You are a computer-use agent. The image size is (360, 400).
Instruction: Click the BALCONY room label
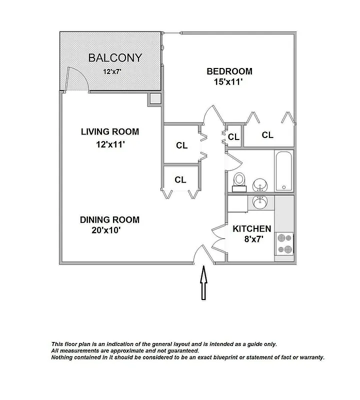click(115, 58)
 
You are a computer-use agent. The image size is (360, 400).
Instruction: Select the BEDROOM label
click(229, 71)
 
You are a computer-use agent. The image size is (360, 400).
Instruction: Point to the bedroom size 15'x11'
click(224, 82)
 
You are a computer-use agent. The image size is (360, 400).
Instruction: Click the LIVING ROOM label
click(109, 132)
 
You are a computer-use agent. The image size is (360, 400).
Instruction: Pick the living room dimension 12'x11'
click(109, 145)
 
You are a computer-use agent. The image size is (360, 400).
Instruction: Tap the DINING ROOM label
click(109, 219)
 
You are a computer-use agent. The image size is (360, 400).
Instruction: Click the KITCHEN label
click(252, 229)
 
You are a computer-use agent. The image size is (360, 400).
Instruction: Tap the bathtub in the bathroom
click(284, 170)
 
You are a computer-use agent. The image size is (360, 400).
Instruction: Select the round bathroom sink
click(259, 185)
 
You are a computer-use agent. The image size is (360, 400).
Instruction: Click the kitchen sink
click(259, 202)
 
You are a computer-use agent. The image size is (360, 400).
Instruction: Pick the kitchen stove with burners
click(284, 245)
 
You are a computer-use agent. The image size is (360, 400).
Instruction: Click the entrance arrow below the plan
click(204, 283)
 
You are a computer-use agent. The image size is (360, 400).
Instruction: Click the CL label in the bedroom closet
click(267, 135)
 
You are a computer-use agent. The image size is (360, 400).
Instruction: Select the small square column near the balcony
click(154, 99)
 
